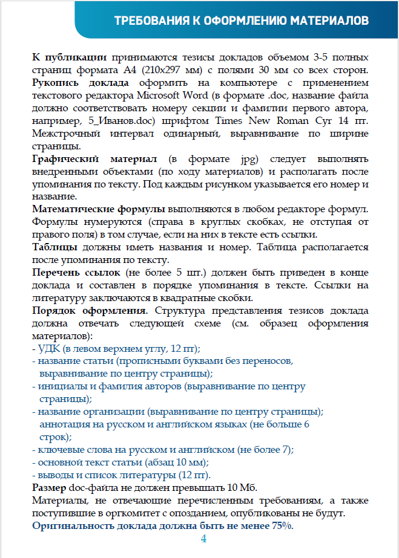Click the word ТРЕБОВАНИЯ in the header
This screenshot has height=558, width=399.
coord(149,22)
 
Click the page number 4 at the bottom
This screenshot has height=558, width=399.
coord(203,539)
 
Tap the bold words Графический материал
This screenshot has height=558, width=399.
coord(94,158)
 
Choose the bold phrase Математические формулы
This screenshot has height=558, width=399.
coord(98,209)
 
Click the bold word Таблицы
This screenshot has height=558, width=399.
coord(54,247)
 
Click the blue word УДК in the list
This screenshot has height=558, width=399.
coord(48,349)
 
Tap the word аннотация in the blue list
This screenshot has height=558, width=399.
coord(62,424)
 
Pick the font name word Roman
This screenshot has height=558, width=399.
coord(299,121)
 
